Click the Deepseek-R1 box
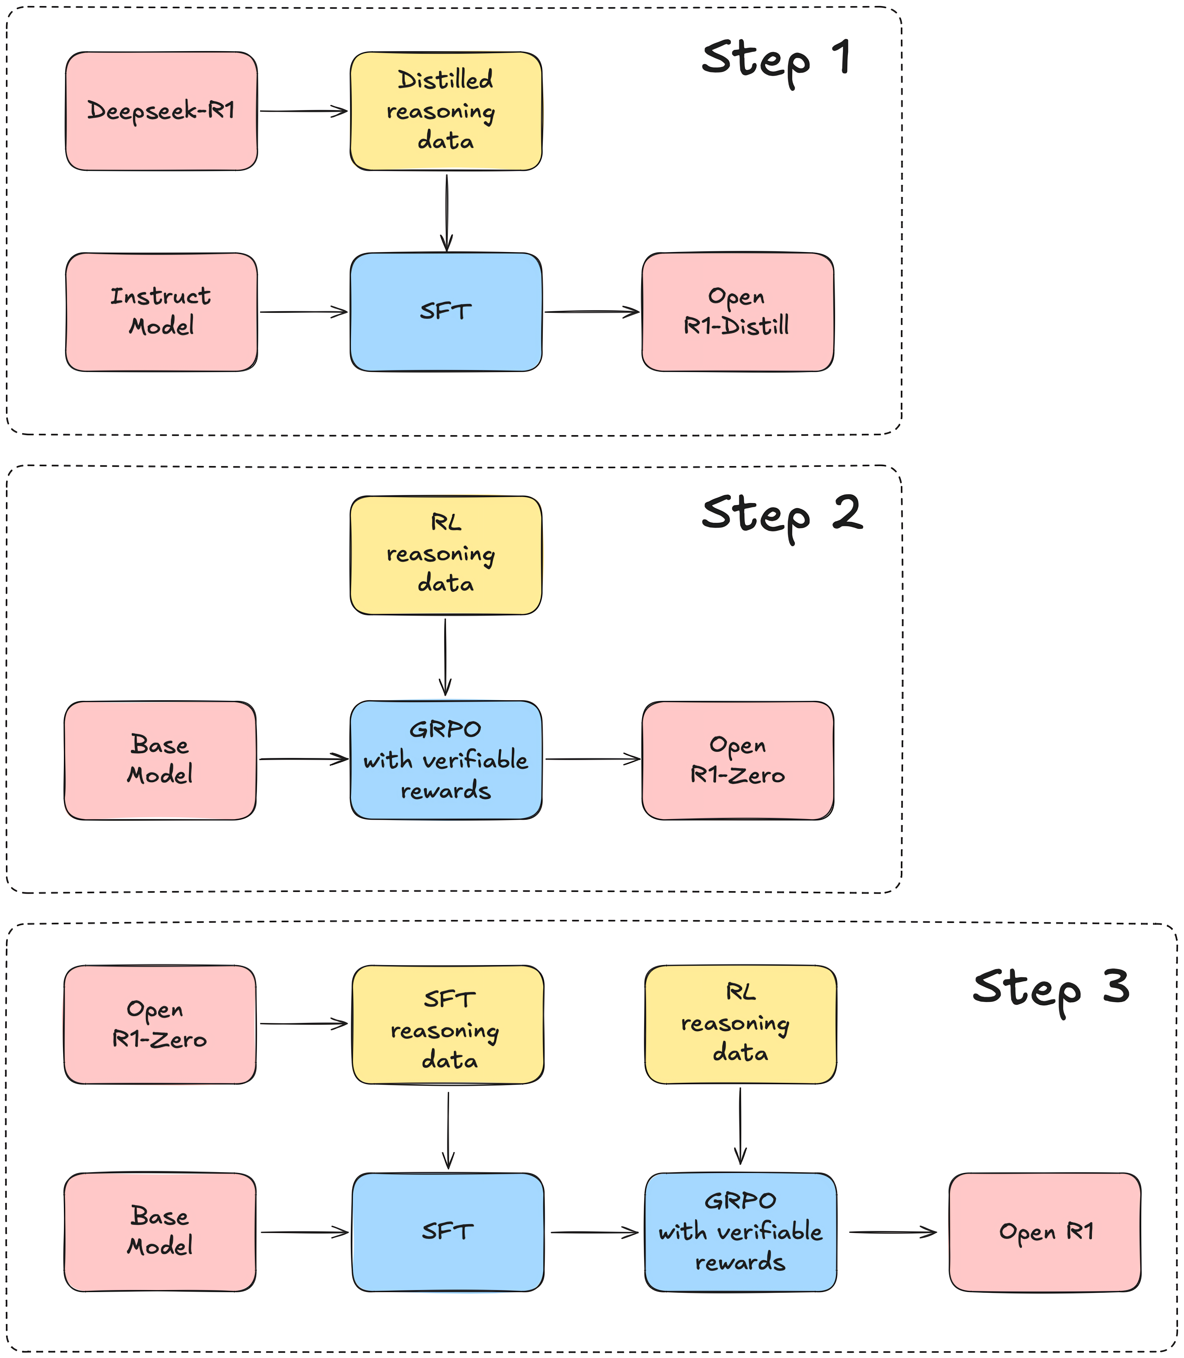click(x=161, y=111)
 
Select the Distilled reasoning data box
click(x=446, y=111)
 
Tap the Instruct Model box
click(x=161, y=312)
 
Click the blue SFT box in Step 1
click(x=446, y=312)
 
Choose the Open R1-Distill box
click(x=737, y=312)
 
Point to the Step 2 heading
click(x=782, y=517)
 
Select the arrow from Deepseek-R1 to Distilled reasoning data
click(x=303, y=111)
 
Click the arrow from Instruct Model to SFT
click(x=303, y=312)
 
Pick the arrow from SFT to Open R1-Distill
click(x=592, y=312)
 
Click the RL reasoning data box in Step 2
click(x=446, y=555)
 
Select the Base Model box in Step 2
click(x=160, y=761)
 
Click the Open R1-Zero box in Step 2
click(x=737, y=761)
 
